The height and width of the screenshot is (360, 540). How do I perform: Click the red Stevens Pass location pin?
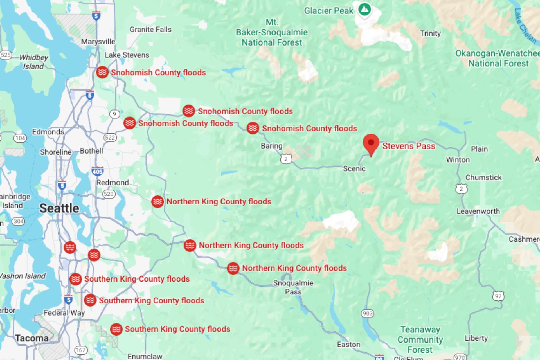[371, 143]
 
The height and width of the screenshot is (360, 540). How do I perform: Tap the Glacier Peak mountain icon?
[365, 10]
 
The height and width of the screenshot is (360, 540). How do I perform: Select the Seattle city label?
[59, 208]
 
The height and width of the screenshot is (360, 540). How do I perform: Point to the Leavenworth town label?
[478, 211]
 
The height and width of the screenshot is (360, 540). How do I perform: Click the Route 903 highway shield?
[368, 313]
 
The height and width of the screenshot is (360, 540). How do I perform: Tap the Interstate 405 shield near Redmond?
[97, 171]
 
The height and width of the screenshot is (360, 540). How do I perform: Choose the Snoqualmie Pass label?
[293, 287]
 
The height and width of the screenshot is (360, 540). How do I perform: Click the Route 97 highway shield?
[498, 296]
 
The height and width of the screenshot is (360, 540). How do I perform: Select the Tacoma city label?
[32, 338]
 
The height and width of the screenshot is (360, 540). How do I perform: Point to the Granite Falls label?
[150, 30]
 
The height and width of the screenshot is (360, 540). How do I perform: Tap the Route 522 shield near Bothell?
[110, 137]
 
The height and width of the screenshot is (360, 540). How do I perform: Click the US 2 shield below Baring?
[286, 159]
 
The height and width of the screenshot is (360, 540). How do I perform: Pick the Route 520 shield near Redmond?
[109, 194]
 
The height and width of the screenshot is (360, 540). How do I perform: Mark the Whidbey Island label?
[33, 62]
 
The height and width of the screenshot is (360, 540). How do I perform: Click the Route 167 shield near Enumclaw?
[81, 350]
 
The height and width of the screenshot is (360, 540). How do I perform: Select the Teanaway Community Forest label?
[420, 339]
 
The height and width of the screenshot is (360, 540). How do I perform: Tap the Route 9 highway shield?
[114, 114]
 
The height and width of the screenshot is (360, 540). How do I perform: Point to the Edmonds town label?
[48, 132]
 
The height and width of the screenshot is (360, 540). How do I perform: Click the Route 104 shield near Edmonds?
[20, 138]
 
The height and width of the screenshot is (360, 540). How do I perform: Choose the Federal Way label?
[64, 313]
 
